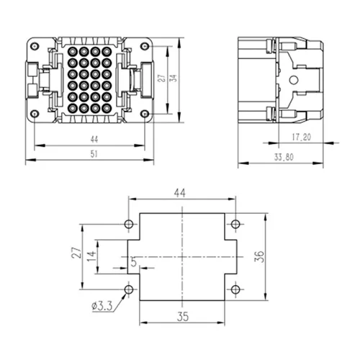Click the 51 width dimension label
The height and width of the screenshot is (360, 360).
click(94, 154)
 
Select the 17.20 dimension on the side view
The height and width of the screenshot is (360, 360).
click(301, 137)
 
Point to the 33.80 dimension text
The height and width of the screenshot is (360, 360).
click(284, 157)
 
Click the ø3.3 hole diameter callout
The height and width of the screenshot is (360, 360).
click(102, 306)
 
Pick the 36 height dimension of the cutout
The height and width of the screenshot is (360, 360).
click(259, 256)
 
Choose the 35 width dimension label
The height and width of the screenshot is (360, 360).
click(183, 317)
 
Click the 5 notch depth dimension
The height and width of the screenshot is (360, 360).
click(134, 261)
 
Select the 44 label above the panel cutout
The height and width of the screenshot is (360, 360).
click(180, 193)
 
